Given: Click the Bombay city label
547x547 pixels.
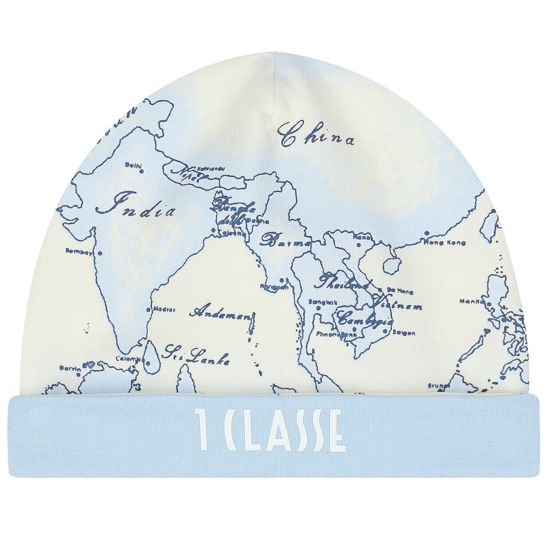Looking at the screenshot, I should click(x=78, y=251).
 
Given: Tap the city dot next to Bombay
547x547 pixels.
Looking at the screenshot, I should click(x=100, y=252).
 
